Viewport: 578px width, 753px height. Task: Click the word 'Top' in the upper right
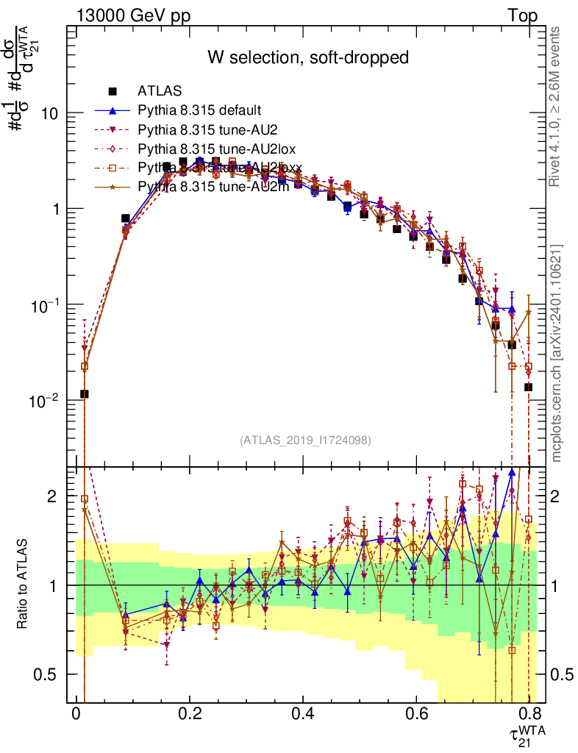pos(522,16)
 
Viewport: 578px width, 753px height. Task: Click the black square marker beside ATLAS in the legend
pos(113,91)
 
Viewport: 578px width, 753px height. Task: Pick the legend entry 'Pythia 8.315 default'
pos(199,110)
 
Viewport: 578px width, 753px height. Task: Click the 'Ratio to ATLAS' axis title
pos(24,585)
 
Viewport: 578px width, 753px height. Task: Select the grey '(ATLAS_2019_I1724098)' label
pos(305,440)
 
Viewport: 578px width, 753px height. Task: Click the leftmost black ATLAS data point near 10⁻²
pos(85,394)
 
